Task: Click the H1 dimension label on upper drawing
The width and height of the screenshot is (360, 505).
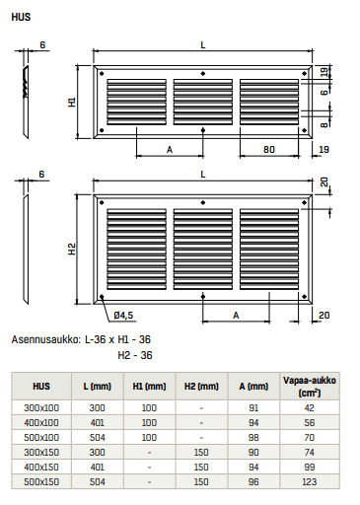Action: [73, 102]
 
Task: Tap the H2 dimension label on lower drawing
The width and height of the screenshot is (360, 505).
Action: [72, 249]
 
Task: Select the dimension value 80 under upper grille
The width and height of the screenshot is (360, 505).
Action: [268, 150]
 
